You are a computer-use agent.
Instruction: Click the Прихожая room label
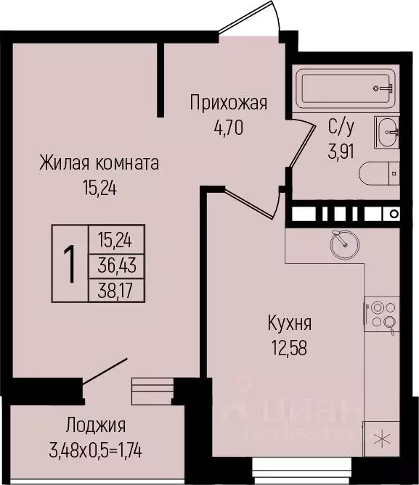tap(228, 103)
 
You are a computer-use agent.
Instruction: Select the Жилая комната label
tap(99, 163)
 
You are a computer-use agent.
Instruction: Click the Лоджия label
tap(95, 426)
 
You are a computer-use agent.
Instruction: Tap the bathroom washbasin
tap(388, 130)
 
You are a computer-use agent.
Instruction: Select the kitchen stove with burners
tap(382, 314)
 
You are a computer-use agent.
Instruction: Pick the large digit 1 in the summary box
tap(70, 264)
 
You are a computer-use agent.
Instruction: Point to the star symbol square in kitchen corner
tap(381, 438)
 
